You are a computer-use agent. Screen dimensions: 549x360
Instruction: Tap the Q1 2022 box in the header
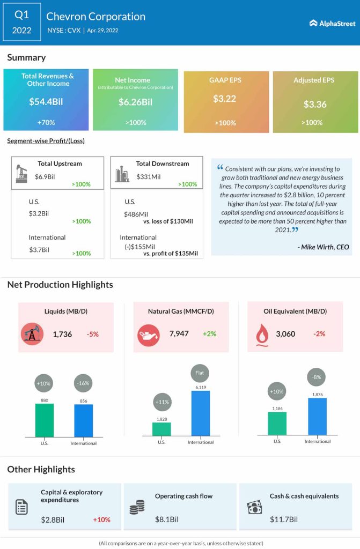click(x=22, y=22)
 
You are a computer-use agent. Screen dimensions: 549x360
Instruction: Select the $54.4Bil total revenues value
click(x=46, y=101)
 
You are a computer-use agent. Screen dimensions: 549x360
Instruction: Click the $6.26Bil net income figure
click(x=135, y=101)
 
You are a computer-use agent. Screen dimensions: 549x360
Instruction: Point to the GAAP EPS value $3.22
click(x=225, y=99)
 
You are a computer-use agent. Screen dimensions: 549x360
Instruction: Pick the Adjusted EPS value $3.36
click(x=315, y=104)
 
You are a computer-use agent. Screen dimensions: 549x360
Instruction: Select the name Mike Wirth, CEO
click(x=322, y=247)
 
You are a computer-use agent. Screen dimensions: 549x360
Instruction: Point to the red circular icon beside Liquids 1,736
click(x=32, y=334)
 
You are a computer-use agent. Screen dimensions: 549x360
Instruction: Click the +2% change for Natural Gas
click(x=209, y=334)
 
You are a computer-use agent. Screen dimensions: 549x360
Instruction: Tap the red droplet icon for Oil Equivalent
click(x=262, y=334)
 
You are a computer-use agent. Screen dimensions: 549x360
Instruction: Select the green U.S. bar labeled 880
click(x=45, y=420)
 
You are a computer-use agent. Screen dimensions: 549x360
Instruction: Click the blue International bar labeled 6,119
click(x=201, y=413)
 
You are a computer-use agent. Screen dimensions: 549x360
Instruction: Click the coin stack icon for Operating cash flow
click(x=137, y=507)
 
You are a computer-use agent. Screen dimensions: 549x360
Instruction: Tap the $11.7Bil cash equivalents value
click(x=283, y=519)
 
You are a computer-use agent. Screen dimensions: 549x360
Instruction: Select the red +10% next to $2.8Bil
click(x=101, y=520)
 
